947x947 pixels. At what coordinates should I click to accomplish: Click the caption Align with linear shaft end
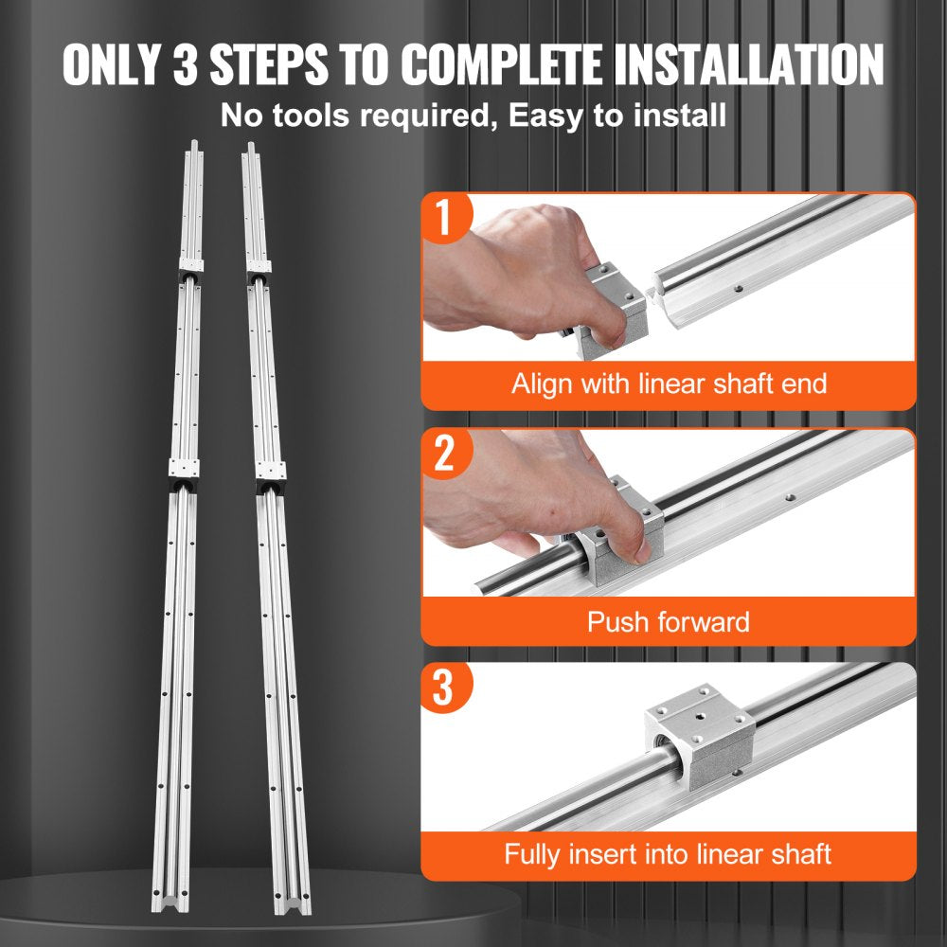(669, 384)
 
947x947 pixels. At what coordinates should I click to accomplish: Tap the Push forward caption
(669, 621)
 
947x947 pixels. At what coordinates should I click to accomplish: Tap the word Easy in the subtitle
(543, 116)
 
